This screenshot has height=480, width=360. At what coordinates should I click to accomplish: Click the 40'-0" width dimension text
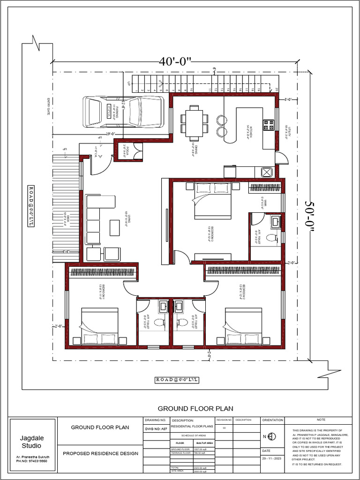[176, 61]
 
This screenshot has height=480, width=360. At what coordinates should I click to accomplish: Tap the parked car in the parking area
[123, 112]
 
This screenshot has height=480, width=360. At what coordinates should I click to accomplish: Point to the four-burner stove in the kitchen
[269, 125]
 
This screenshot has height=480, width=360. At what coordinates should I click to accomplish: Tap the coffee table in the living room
[114, 227]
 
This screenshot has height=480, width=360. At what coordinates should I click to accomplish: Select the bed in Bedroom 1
[100, 326]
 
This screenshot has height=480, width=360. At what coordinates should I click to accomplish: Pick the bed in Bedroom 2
[243, 326]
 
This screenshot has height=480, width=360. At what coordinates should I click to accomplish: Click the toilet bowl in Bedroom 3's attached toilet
[271, 238]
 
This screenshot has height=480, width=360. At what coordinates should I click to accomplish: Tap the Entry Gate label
[48, 107]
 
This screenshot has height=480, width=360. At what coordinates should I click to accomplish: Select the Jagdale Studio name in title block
[31, 442]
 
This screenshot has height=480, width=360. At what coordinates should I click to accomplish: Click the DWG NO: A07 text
[154, 428]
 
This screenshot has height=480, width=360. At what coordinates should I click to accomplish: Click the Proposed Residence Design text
[100, 453]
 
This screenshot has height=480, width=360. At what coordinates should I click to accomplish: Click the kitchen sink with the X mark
[267, 172]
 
